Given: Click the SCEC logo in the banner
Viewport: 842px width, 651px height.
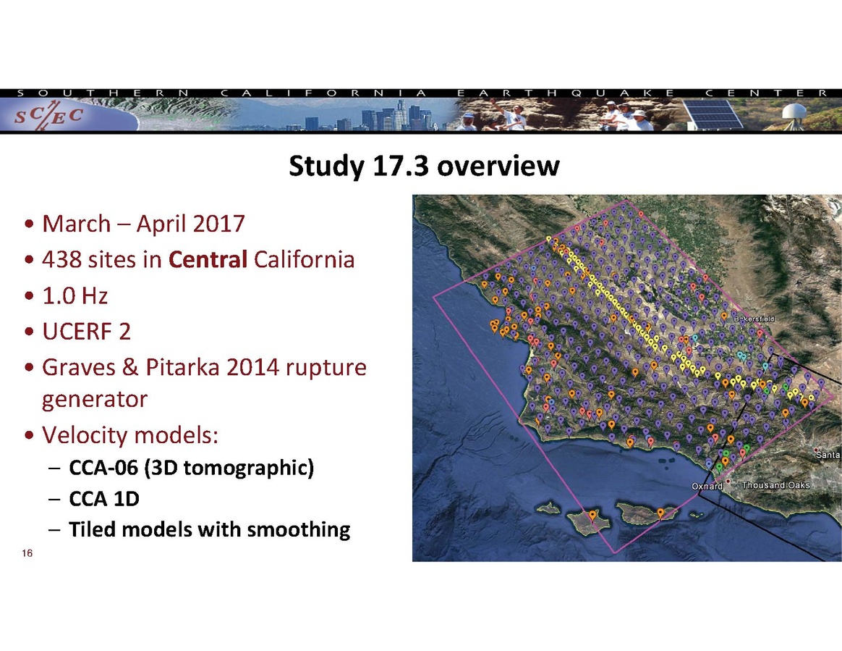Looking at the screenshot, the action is pos(48,117).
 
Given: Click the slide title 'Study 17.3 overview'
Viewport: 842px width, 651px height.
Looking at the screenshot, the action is pos(424,166).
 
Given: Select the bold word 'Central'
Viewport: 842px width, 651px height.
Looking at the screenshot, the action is pos(208,260).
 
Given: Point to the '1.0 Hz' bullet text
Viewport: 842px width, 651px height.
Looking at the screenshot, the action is pos(75,295).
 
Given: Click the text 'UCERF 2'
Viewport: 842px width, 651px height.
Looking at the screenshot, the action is pos(87,332).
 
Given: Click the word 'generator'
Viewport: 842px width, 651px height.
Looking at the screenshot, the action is pos(95,400).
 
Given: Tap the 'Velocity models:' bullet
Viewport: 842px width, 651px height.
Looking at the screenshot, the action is pos(130,435).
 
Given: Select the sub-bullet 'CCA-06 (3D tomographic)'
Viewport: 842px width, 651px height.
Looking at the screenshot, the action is pos(191,468).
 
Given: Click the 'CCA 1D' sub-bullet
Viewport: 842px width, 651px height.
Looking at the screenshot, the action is pos(104,499).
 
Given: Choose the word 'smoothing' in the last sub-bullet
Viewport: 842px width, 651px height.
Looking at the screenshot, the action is pos(299,530).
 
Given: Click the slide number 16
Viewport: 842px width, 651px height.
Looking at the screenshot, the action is pos(27,553).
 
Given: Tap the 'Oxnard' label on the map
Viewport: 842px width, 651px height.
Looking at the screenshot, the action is pos(707,486).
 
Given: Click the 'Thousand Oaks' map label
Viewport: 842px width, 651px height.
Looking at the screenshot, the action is pos(775,485).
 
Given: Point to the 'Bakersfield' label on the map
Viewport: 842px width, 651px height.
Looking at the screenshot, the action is pos(754,319).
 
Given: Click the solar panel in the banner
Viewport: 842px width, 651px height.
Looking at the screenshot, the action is pos(712,114).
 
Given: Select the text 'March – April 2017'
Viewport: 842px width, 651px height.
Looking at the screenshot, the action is pos(143,224).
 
